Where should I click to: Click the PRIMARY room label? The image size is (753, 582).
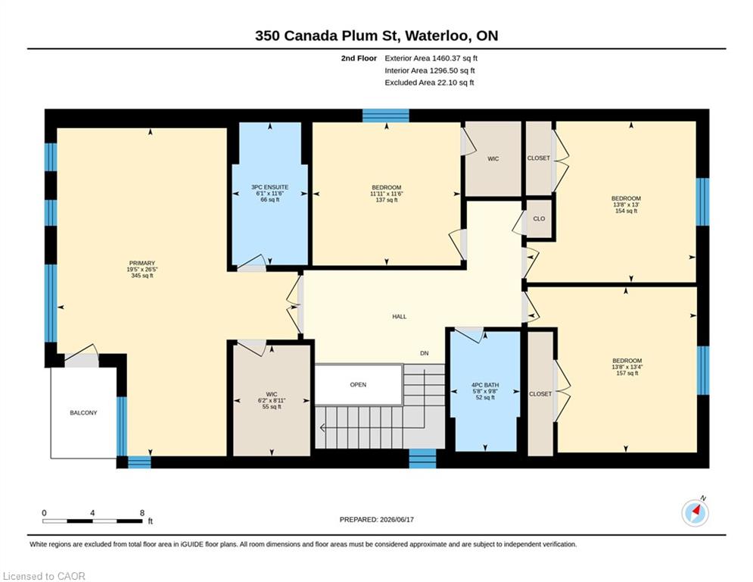coord(142,263)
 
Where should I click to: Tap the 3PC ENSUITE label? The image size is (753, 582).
coord(270,187)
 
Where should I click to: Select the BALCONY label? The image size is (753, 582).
coord(83,413)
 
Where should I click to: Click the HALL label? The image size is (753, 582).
coord(399,317)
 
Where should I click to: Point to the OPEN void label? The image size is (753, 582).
coord(358,385)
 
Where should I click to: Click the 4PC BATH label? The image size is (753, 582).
coord(485,385)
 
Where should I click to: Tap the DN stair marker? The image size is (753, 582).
coord(424,353)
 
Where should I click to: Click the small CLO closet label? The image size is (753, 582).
coord(539,218)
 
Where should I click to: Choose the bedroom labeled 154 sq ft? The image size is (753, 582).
coord(626,199)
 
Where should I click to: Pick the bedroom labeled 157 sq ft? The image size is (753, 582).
coord(627,361)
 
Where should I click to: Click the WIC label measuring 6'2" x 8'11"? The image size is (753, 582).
coord(272,394)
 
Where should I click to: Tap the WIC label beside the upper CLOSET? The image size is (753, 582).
coord(493,158)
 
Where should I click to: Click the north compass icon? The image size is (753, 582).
coord(695,513)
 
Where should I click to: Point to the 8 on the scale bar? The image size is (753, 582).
coord(142,513)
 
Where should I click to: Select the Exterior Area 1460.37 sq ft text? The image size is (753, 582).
coord(431,58)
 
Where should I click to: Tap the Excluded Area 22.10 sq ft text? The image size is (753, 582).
coord(429,83)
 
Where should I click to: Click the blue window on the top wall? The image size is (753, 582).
coord(386,115)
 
